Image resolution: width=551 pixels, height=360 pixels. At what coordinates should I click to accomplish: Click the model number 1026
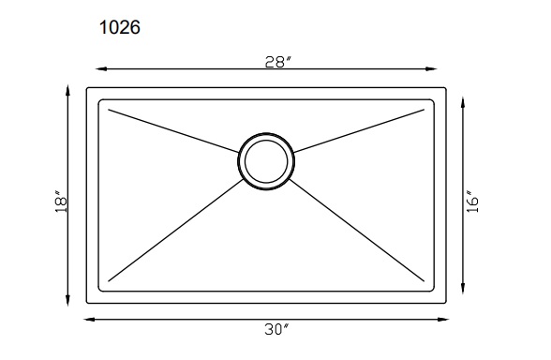[x=120, y=27]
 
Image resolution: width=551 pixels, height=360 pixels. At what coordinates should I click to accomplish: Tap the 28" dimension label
[x=278, y=62]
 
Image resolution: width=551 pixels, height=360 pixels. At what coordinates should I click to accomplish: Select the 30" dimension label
[x=276, y=329]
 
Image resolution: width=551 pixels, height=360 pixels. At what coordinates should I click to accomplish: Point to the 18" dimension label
[x=61, y=202]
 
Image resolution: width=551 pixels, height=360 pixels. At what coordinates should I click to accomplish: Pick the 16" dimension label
[x=472, y=202]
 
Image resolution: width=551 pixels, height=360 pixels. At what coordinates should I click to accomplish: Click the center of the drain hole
[x=266, y=161]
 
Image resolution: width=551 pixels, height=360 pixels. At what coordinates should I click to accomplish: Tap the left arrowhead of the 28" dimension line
[x=101, y=69]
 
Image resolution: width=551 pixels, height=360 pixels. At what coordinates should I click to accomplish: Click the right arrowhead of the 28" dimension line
[x=431, y=69]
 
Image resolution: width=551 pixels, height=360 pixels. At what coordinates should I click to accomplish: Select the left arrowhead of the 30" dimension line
[x=89, y=319]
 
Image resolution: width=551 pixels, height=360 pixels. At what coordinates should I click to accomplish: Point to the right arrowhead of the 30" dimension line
[x=443, y=319]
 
